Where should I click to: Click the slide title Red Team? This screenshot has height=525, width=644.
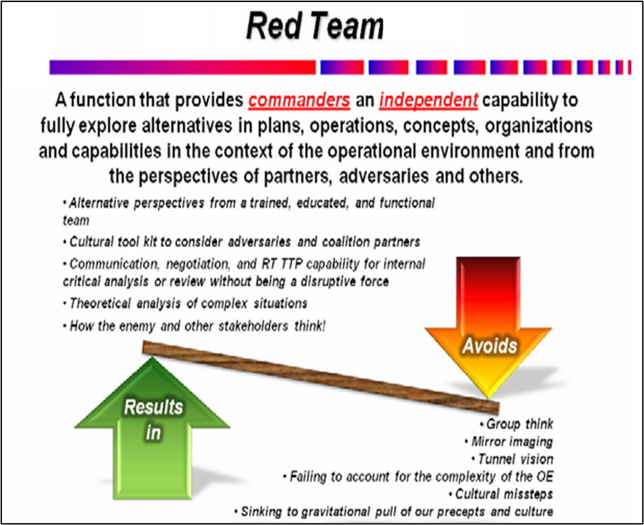tap(315, 27)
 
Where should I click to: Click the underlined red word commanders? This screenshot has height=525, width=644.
tap(299, 101)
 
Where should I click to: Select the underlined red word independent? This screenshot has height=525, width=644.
tap(428, 101)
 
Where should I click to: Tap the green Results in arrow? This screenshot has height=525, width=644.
tap(154, 431)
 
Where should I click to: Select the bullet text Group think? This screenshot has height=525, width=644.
tap(519, 425)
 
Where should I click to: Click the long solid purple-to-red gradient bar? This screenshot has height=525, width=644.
tap(182, 67)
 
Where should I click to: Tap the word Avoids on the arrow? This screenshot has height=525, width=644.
tap(490, 346)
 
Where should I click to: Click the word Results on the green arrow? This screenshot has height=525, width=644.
tap(154, 407)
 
